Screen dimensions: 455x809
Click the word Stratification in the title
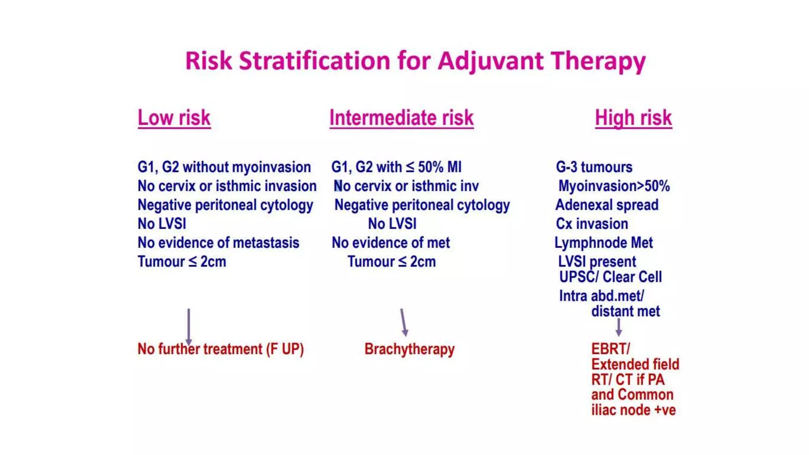[x=314, y=61]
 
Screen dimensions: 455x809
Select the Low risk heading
[x=174, y=118]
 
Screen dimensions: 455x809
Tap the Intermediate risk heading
[x=401, y=118]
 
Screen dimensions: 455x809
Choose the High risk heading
[x=633, y=118]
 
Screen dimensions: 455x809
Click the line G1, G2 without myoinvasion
[x=224, y=167]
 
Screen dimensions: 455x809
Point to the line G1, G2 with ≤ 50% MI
[x=396, y=167]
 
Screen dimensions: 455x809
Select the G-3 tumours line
[x=594, y=167]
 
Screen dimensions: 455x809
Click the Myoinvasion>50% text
[x=614, y=186]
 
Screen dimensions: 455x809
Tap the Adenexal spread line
[x=607, y=205]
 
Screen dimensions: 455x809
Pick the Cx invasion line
[x=592, y=224]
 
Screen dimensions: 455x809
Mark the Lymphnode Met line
[x=604, y=243]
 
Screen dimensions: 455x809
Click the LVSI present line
[x=597, y=261]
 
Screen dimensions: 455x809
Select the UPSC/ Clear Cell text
[x=610, y=277]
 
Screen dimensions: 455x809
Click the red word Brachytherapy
[x=409, y=349]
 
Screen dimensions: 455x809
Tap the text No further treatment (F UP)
[x=220, y=349]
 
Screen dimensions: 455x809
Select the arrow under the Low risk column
[x=189, y=326]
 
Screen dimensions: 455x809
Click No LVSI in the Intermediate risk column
[x=392, y=224]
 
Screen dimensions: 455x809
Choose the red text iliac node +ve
[x=633, y=410]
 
